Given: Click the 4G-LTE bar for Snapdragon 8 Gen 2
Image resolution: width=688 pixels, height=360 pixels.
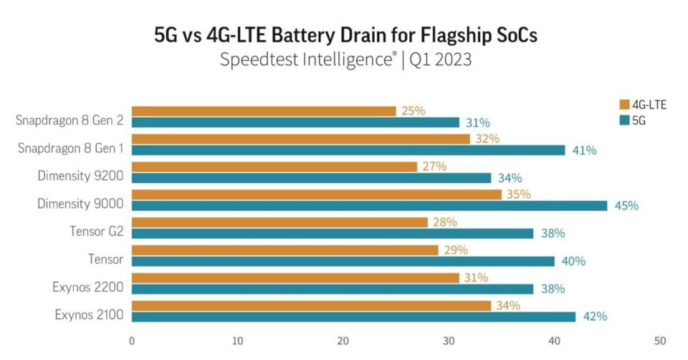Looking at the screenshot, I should (x=264, y=111).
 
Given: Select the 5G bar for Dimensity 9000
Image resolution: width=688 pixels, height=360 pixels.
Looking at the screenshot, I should (x=369, y=206).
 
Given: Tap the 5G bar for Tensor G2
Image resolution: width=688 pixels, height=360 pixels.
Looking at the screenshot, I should (x=332, y=233).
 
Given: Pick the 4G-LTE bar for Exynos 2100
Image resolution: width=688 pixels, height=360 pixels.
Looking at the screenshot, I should (x=311, y=305).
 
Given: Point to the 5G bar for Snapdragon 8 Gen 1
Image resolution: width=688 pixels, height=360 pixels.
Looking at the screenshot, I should (x=348, y=150).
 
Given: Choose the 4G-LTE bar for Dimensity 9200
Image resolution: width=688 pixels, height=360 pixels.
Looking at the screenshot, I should (x=274, y=166).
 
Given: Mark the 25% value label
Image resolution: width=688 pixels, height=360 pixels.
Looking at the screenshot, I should (x=413, y=111).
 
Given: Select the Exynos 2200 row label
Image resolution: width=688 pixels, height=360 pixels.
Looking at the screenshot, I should (x=90, y=288).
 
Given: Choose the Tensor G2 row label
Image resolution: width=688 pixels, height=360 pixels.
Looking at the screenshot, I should (x=97, y=232).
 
